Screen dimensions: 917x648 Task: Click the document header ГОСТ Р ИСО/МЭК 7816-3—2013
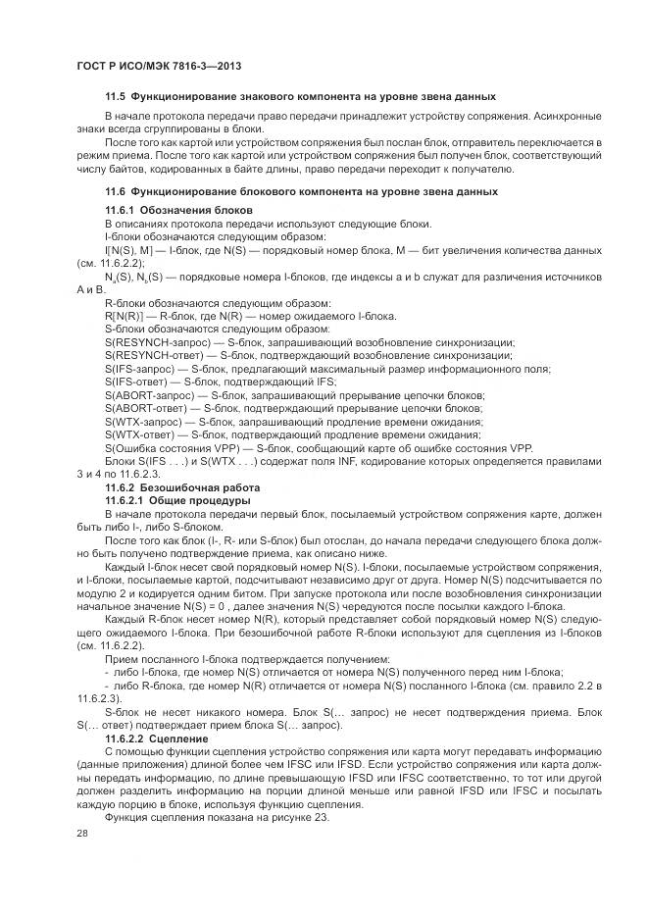[159, 66]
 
